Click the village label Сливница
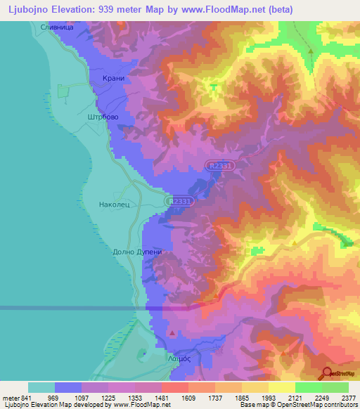click(57, 27)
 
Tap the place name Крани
click(114, 79)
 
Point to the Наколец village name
click(116, 206)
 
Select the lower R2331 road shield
click(180, 202)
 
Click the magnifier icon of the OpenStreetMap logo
click(326, 372)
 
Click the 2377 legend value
click(348, 398)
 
